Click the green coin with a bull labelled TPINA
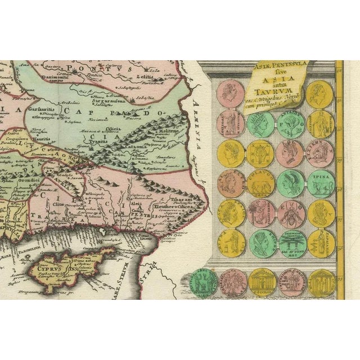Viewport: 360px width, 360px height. tap(321, 182)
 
